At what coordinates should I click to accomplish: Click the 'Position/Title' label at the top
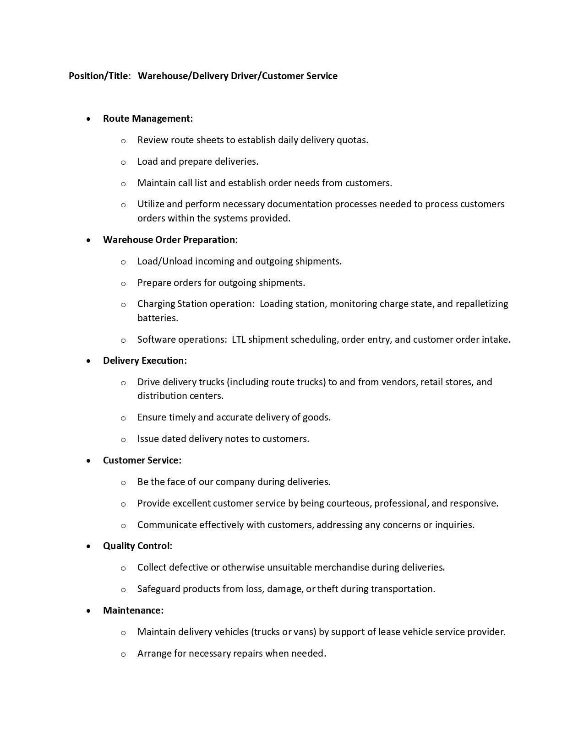point(98,76)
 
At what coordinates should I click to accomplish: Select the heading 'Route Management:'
point(147,119)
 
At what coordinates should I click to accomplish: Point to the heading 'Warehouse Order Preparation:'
point(170,240)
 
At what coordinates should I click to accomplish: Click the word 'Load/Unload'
point(165,261)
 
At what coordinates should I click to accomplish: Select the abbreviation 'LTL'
point(239,340)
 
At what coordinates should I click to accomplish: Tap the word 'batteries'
point(157,318)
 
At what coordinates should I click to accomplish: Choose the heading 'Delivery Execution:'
point(145,361)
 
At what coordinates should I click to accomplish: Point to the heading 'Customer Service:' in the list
point(142,460)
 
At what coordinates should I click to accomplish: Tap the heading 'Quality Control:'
point(137,546)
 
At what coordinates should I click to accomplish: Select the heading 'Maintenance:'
point(133,610)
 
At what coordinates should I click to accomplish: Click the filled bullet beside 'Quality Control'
point(88,546)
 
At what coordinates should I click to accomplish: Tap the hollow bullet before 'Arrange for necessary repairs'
point(123,654)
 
